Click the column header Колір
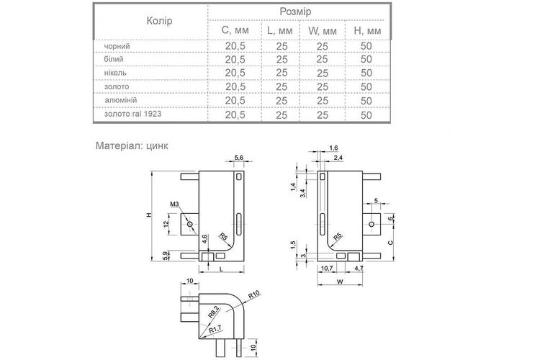(159, 21)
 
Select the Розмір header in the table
(295, 12)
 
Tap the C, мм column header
(235, 30)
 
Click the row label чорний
(117, 46)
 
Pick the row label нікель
(115, 73)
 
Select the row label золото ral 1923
(132, 114)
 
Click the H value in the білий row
(366, 59)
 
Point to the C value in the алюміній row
(235, 101)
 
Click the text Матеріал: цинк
(132, 145)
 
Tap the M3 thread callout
(175, 204)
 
